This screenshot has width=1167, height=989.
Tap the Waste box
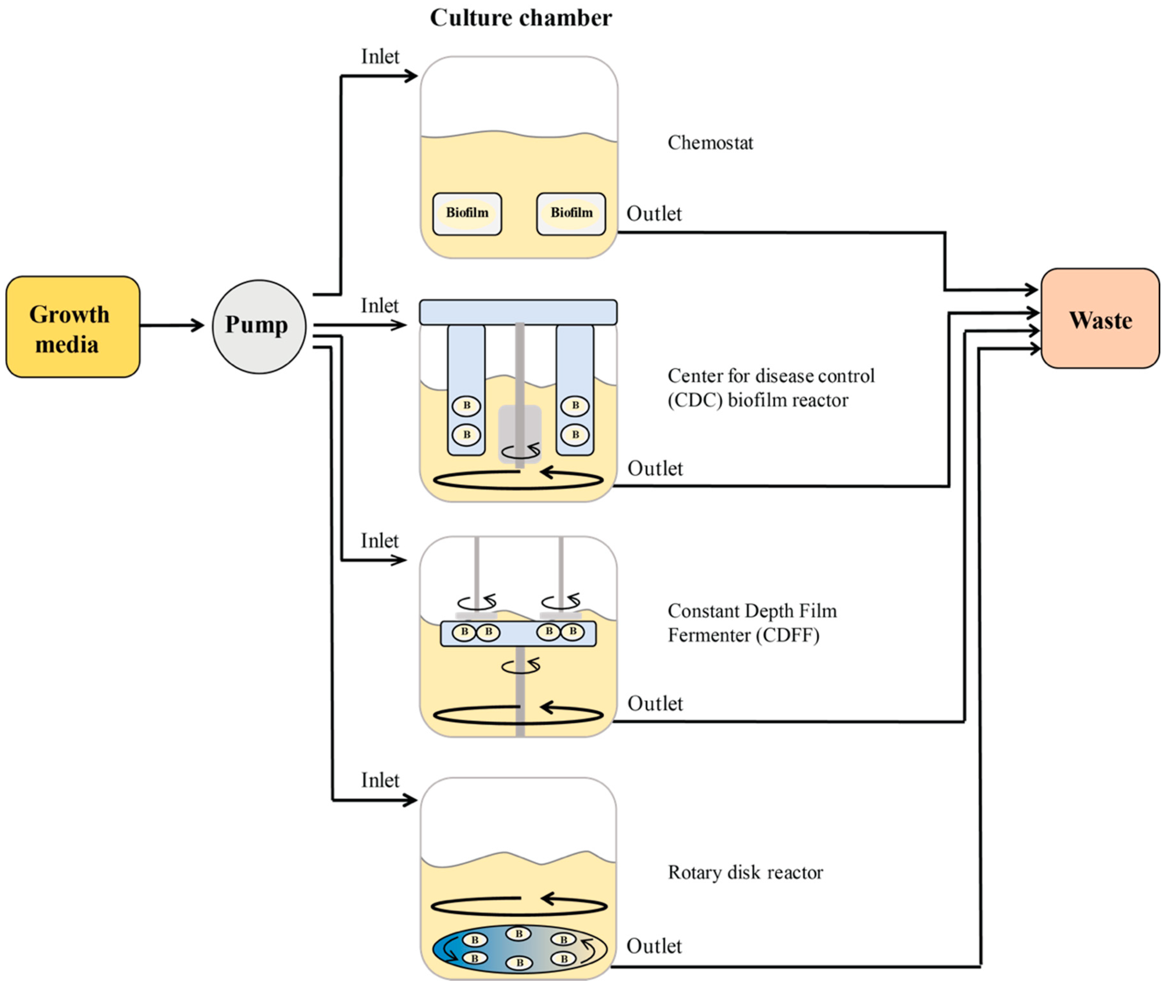tap(1100, 318)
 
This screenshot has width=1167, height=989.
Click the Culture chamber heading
tap(521, 18)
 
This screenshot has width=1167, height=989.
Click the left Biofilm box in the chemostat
tap(467, 214)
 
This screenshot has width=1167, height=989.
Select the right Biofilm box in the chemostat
tap(571, 214)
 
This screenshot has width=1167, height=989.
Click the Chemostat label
tap(710, 143)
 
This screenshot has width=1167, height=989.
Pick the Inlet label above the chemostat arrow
tap(380, 57)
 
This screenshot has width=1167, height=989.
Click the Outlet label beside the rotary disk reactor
tap(654, 946)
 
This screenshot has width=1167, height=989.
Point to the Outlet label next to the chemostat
tap(654, 214)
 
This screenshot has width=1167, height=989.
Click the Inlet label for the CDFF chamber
tap(379, 541)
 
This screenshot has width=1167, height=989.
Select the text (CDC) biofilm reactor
tap(757, 400)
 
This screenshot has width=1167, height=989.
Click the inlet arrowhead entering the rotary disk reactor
tap(412, 801)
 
